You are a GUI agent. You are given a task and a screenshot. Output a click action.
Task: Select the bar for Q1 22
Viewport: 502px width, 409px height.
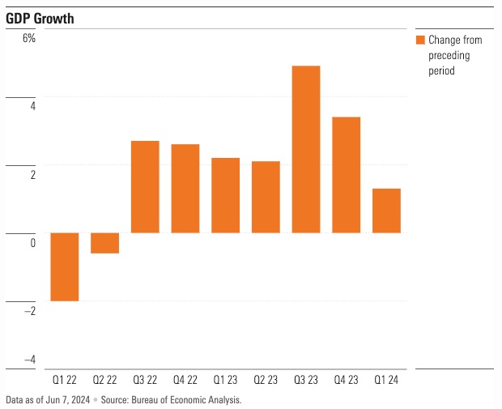(65, 266)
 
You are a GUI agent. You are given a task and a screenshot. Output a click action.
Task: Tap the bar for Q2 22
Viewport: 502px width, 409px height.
(104, 243)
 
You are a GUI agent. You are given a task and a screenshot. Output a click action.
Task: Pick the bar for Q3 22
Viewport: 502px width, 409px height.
(145, 187)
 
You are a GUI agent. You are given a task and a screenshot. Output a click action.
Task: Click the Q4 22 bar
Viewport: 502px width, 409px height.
(185, 189)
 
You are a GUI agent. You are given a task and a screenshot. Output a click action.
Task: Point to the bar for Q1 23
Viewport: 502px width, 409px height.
(226, 195)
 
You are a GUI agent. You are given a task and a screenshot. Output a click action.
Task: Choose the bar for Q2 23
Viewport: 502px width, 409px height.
(266, 197)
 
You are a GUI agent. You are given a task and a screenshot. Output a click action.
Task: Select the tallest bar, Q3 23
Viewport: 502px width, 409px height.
(306, 149)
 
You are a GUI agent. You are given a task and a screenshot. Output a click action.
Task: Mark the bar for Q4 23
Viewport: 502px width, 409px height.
(347, 175)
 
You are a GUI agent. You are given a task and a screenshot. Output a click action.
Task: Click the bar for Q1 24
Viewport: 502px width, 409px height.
(387, 211)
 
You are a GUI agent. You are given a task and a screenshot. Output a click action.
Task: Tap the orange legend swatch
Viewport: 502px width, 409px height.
(419, 40)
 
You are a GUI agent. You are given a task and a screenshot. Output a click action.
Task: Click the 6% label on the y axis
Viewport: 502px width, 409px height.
(28, 39)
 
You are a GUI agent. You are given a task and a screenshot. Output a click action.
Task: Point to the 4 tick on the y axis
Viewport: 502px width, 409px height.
(32, 107)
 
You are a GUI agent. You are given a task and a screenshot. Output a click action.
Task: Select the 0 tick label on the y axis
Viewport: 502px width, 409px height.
(32, 243)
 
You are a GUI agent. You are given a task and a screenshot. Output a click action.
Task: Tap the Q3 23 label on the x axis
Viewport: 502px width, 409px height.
(306, 379)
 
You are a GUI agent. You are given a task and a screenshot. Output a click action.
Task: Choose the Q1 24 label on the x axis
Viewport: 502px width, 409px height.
(387, 379)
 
